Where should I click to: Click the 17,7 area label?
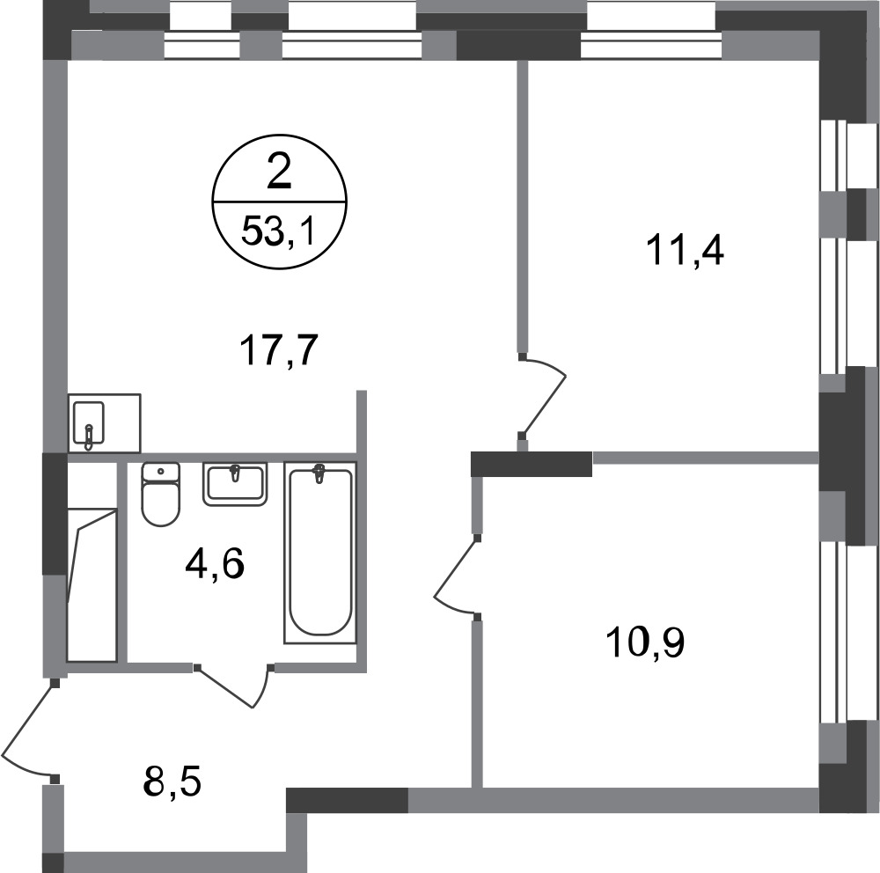[x=279, y=350]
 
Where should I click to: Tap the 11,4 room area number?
[x=686, y=251]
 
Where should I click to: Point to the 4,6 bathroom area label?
[x=215, y=564]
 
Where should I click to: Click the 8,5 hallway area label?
[x=172, y=782]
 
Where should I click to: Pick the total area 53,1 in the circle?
[x=277, y=231]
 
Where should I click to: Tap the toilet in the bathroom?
[x=161, y=494]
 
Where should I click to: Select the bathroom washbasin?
[x=235, y=484]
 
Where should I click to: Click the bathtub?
[x=320, y=553]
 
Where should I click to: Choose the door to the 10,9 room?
[x=456, y=576]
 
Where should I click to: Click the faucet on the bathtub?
[x=320, y=473]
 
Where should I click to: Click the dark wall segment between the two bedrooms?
[x=531, y=464]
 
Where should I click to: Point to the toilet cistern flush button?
[x=161, y=471]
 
